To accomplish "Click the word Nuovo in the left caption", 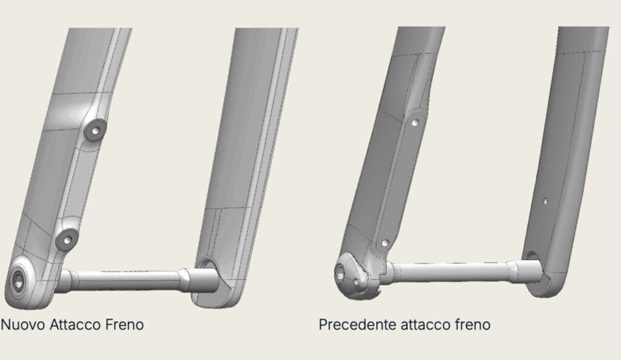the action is click(24, 325).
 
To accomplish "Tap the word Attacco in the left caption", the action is click(75, 325).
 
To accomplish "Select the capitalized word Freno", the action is click(124, 325).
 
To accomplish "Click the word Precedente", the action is click(358, 325).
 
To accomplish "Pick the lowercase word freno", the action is click(471, 325).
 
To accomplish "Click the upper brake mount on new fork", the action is click(95, 130).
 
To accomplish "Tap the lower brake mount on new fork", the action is click(67, 239).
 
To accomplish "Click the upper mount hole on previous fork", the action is click(415, 122).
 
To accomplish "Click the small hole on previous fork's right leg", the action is click(545, 201).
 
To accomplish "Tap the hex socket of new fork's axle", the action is click(18, 281).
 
